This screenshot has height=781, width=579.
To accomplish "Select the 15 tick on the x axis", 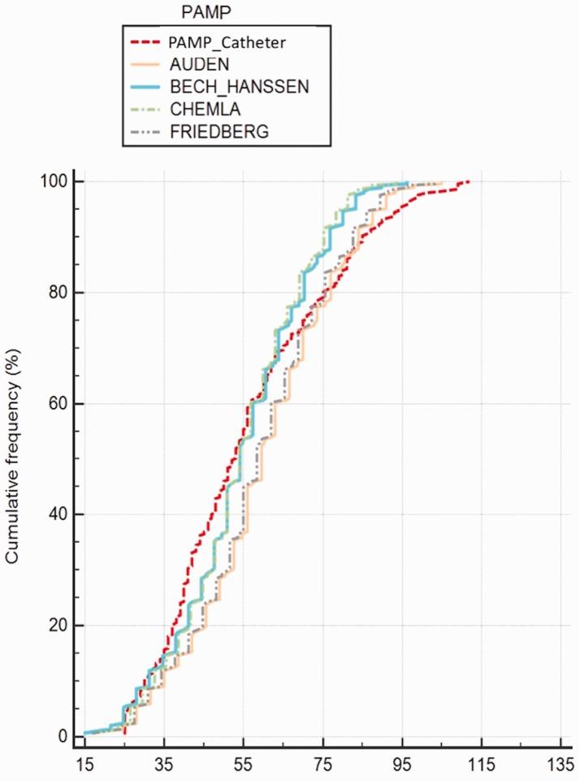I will (84, 765).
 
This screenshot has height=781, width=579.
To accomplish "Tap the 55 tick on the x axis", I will (244, 765).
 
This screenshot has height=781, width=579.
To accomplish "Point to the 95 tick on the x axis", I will (402, 765).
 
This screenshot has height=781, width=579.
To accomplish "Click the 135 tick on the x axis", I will (560, 765).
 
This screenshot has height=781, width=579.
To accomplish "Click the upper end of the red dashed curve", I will (469, 181).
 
